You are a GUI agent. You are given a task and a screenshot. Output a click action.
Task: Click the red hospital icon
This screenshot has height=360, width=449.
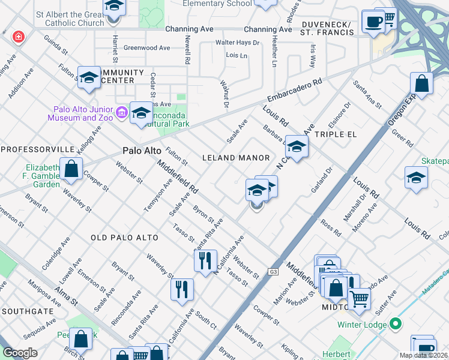tap(19, 37)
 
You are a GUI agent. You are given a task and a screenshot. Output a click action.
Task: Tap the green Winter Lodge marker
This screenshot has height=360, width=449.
tap(395, 325)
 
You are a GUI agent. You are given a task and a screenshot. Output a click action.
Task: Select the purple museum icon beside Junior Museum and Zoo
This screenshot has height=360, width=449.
tap(121, 112)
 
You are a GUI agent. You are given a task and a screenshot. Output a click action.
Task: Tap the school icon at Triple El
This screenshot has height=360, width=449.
tap(296, 145)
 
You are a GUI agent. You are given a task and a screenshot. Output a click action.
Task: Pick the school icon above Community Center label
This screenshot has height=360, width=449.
tap(89, 77)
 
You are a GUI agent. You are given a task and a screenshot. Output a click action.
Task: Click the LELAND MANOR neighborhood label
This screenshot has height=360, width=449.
tap(236, 158)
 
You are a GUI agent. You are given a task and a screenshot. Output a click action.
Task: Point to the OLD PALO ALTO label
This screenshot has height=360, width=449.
tap(124, 238)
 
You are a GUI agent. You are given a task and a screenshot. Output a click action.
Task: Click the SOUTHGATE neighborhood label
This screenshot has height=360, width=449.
tap(28, 311)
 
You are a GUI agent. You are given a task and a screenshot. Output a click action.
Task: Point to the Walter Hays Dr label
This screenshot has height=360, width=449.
tap(238, 43)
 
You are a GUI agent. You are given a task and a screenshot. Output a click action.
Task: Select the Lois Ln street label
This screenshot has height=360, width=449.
tap(237, 55)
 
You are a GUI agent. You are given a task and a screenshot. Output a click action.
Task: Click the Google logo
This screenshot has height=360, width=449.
tap(20, 353)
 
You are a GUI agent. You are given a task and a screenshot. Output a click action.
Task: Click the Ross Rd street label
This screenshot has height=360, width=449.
tap(331, 228)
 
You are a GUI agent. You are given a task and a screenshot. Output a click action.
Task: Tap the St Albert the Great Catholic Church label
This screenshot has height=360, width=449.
tap(70, 18)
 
